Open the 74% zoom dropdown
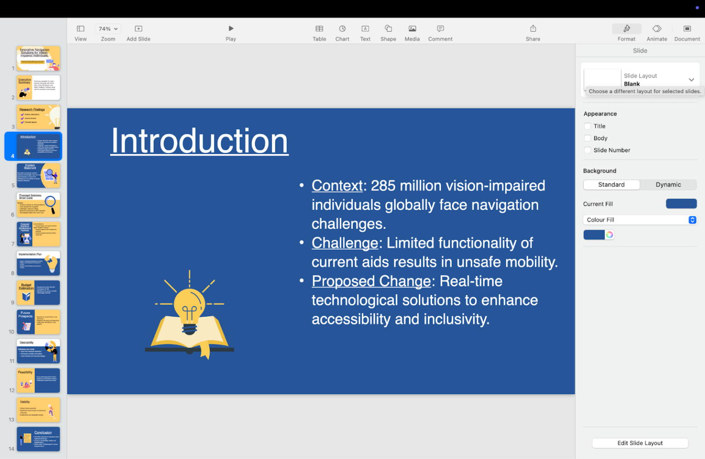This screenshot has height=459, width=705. (108, 29)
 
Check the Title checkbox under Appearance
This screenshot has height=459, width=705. (587, 126)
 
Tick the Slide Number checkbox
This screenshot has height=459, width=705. (587, 150)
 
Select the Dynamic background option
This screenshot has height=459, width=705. (668, 185)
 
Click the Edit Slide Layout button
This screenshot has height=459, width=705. (640, 443)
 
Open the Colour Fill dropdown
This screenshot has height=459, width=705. (640, 220)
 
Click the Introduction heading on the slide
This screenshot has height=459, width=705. (200, 141)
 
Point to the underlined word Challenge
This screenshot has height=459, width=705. (344, 243)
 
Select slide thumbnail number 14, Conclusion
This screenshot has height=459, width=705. (38, 439)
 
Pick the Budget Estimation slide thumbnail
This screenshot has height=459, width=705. (38, 293)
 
